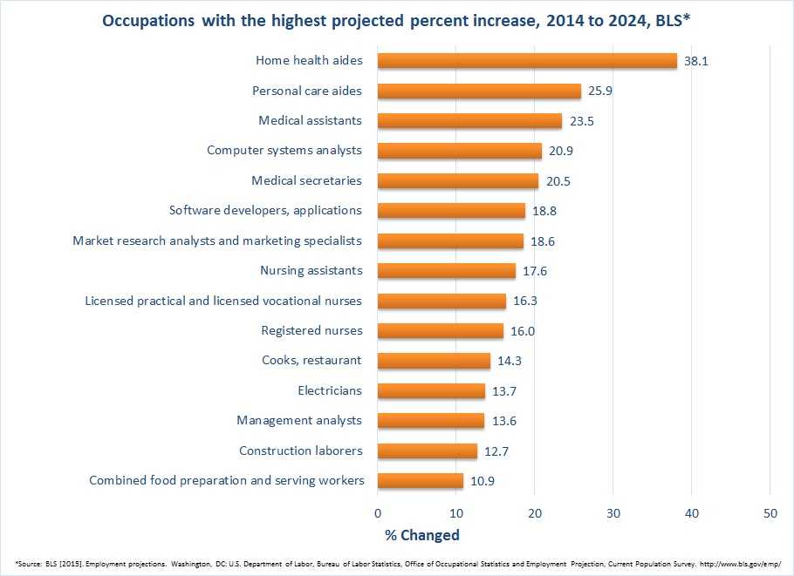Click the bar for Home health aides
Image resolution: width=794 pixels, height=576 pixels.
coord(527,61)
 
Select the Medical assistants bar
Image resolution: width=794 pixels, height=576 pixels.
coord(469,121)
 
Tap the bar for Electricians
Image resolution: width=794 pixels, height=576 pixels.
coord(431,391)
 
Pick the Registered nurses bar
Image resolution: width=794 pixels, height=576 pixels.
coord(441,331)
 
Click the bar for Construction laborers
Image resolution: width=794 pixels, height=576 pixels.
coord(428,451)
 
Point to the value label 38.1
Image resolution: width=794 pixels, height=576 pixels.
coord(695,61)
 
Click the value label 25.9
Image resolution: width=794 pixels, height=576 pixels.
coord(599,91)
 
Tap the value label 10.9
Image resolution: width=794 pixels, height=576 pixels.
coord(482,481)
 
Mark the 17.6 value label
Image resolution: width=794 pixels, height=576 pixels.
coord(534,271)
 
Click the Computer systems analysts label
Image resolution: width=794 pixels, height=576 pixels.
coord(284,151)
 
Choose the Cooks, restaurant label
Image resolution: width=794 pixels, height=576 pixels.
coord(311,361)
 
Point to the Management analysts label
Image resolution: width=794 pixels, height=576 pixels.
coord(299,421)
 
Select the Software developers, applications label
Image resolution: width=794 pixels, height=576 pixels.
coord(265,211)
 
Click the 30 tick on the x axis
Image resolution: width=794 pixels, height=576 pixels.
coord(613,512)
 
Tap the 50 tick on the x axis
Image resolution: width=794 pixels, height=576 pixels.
coord(770,512)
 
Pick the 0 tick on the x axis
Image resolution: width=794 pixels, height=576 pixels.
coord(378,512)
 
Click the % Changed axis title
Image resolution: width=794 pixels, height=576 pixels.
coord(421,534)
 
